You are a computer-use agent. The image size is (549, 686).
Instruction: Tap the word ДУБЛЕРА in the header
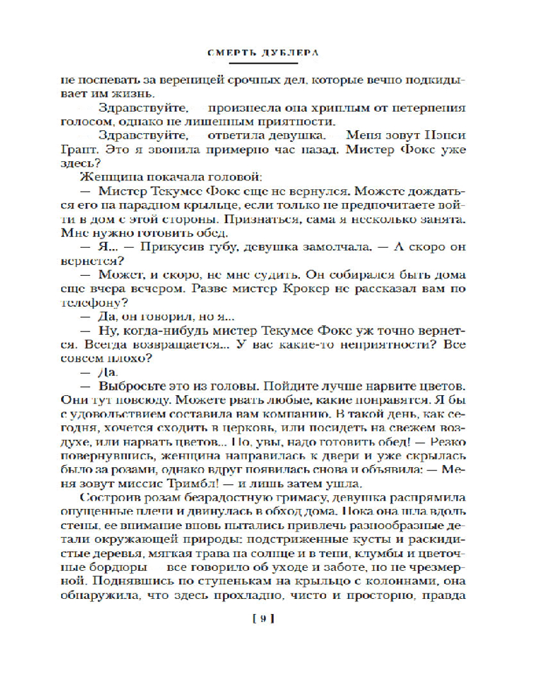point(296,53)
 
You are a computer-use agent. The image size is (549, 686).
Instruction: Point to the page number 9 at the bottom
point(264,619)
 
